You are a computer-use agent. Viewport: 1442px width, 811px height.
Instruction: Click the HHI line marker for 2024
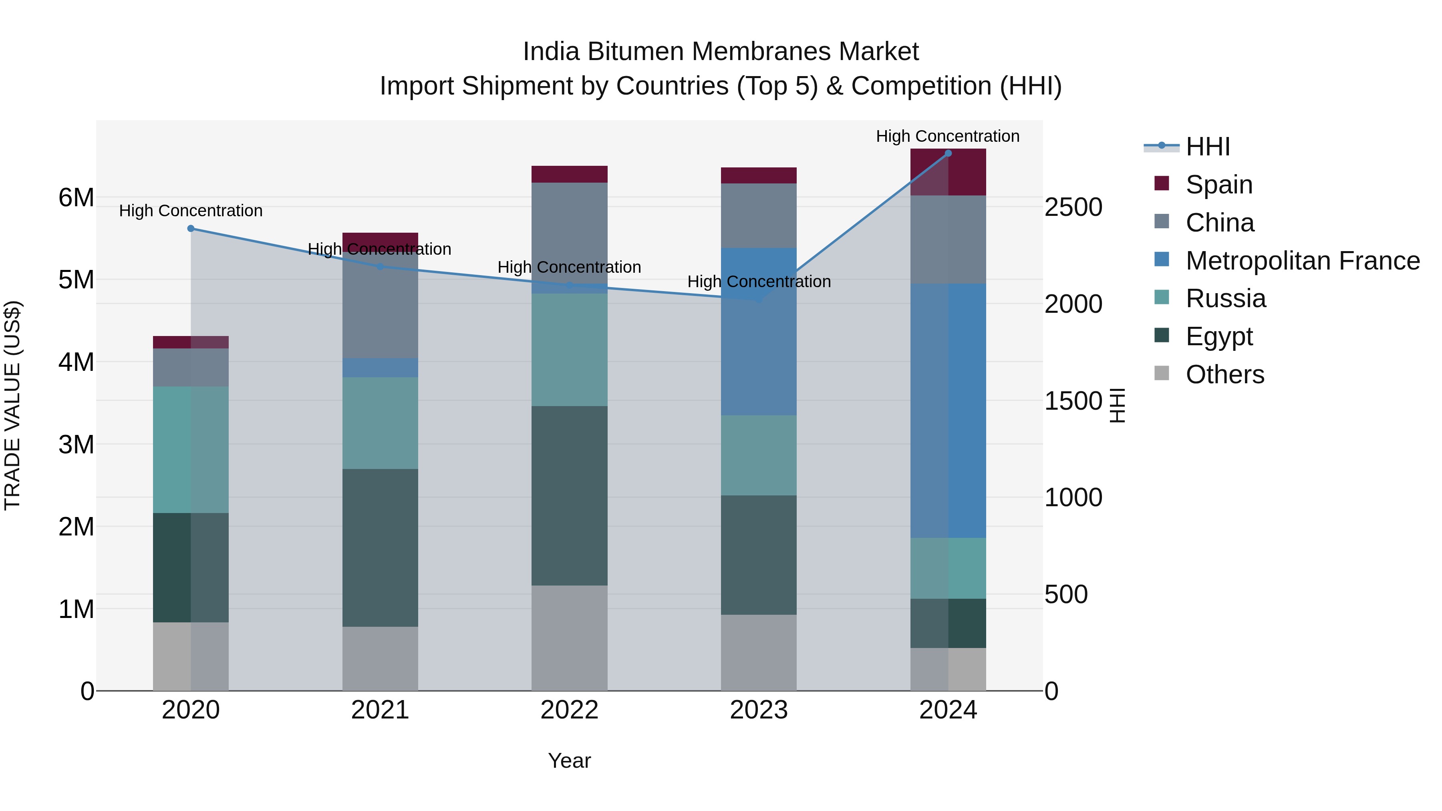[x=948, y=153]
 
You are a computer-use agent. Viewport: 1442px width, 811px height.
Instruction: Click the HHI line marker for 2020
[x=191, y=228]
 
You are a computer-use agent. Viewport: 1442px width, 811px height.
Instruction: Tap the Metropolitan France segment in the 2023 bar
[x=759, y=331]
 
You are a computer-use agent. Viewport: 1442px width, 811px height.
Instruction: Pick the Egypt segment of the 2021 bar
[x=380, y=547]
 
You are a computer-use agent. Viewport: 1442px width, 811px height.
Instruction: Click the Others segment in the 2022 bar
[x=569, y=638]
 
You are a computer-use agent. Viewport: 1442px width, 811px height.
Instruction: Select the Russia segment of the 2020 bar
[x=191, y=449]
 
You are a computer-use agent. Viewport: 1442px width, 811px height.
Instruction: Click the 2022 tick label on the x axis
[x=569, y=710]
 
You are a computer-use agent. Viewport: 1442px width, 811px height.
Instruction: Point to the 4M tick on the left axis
[x=76, y=362]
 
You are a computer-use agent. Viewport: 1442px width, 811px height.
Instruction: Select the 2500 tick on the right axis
[x=1073, y=207]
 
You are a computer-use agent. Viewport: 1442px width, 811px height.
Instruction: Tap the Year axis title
[x=569, y=761]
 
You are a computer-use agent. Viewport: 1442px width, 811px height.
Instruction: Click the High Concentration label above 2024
[x=947, y=136]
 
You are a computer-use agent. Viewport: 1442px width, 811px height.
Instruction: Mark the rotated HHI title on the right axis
[x=1117, y=405]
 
